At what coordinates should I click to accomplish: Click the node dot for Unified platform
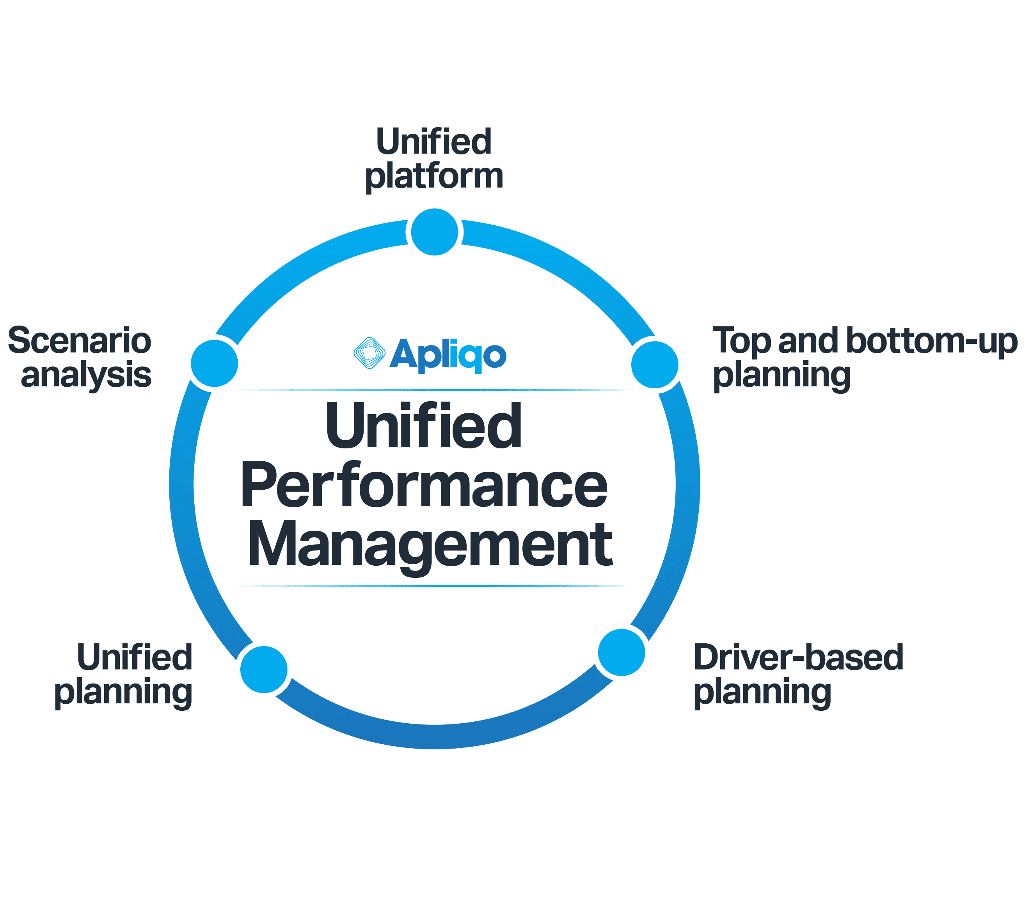(x=434, y=232)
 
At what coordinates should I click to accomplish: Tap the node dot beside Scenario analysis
(x=215, y=363)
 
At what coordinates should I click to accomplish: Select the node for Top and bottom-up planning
(x=655, y=365)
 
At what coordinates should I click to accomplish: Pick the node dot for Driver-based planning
(x=622, y=652)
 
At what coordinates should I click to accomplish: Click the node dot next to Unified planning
(x=263, y=669)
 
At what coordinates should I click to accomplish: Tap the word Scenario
(x=80, y=340)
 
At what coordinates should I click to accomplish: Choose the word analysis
(x=86, y=375)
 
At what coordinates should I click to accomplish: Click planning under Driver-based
(x=762, y=692)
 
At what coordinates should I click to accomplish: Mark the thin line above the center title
(x=430, y=389)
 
